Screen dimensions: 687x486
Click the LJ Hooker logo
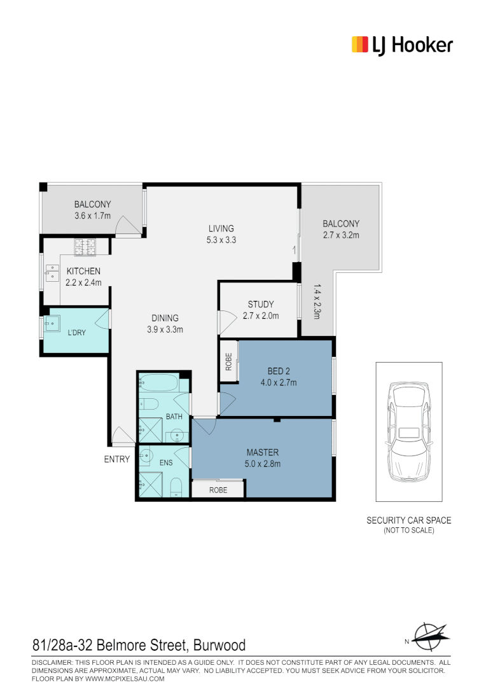[x=402, y=45]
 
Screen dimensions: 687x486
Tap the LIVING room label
[x=221, y=229]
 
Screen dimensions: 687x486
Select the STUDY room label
[x=261, y=305]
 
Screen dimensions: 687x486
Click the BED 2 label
[x=279, y=371]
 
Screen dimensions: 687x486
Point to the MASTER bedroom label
[x=263, y=453]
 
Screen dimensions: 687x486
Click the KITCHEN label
[x=83, y=272]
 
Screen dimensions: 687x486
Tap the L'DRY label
[x=76, y=332]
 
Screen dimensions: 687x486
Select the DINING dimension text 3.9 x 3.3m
[x=165, y=330]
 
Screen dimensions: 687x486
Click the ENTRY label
[x=117, y=459]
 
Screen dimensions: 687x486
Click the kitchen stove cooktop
[x=84, y=245]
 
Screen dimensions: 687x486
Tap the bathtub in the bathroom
[x=159, y=384]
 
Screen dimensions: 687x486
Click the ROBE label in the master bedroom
[x=218, y=490]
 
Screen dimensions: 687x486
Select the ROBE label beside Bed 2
[x=228, y=361]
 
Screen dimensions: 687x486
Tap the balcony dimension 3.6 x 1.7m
[x=92, y=216]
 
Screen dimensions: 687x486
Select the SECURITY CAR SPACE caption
[x=408, y=520]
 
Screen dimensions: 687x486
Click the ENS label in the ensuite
[x=166, y=462]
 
